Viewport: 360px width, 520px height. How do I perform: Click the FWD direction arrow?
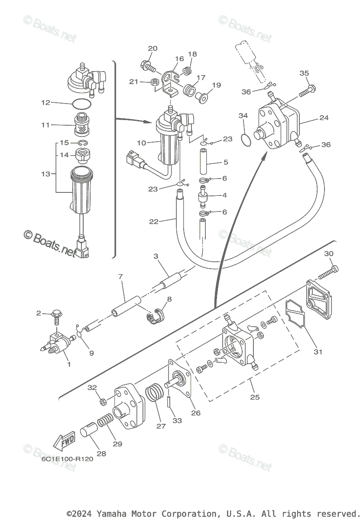pyautogui.click(x=63, y=442)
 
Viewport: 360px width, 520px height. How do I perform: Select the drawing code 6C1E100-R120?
pyautogui.click(x=67, y=459)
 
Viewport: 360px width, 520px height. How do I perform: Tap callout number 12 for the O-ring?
pyautogui.click(x=46, y=103)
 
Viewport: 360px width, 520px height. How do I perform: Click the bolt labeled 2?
pyautogui.click(x=57, y=316)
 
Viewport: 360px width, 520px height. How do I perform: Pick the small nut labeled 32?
pyautogui.click(x=103, y=402)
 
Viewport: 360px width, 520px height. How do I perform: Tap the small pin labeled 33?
pyautogui.click(x=169, y=405)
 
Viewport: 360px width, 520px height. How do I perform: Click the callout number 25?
pyautogui.click(x=255, y=397)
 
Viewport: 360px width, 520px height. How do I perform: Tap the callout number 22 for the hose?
pyautogui.click(x=154, y=221)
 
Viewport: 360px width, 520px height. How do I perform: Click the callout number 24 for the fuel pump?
pyautogui.click(x=324, y=117)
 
